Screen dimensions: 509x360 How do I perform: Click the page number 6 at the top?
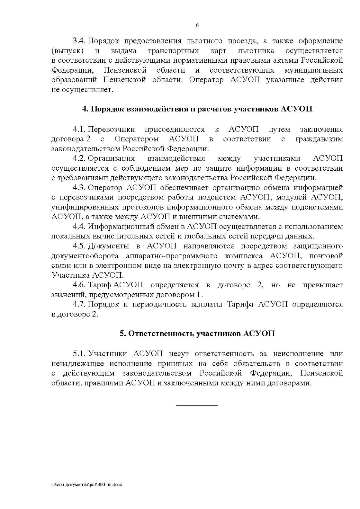pos(197,25)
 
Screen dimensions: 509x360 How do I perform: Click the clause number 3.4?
pos(79,41)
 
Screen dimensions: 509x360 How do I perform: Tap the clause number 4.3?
pos(79,188)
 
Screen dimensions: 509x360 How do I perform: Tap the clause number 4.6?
pos(79,285)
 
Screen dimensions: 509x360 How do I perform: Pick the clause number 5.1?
pos(79,354)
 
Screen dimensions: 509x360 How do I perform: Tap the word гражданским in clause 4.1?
pos(319,139)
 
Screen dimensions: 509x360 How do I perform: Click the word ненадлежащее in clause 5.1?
pos(78,364)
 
